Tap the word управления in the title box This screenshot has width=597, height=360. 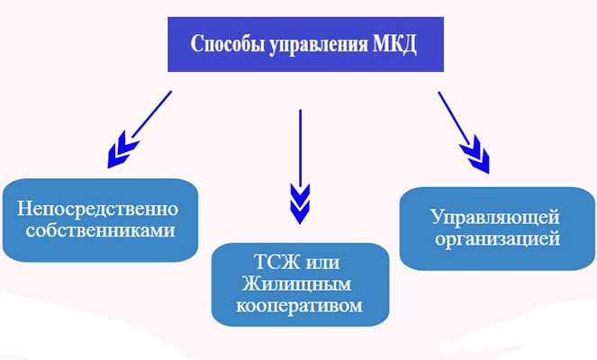click(x=319, y=45)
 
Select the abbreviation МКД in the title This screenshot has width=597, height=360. click(x=394, y=45)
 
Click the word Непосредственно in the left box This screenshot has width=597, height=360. click(x=98, y=209)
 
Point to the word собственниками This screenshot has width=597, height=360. click(x=101, y=230)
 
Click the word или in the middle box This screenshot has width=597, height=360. click(x=322, y=264)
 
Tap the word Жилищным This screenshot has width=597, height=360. click(x=296, y=283)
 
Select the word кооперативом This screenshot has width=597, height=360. click(x=299, y=306)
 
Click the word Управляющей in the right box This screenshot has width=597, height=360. click(x=495, y=218)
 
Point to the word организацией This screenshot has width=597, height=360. click(x=498, y=239)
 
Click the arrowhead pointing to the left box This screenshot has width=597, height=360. click(x=122, y=150)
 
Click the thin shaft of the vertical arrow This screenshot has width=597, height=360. click(x=301, y=148)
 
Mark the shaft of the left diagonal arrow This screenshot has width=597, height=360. click(x=152, y=114)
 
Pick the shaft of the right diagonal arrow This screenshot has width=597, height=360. click(x=454, y=119)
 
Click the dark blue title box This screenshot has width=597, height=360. click(x=306, y=44)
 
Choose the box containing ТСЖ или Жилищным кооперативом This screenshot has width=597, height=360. click(x=301, y=284)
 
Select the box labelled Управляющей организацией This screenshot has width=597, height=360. click(x=497, y=229)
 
